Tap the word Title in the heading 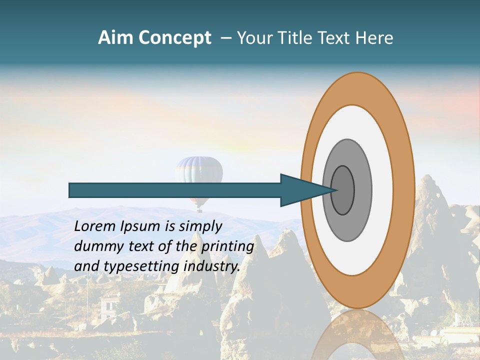point(297,38)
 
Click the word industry point(212,266)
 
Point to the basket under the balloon point(199,209)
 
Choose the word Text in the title point(335,38)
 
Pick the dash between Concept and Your point(225,38)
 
